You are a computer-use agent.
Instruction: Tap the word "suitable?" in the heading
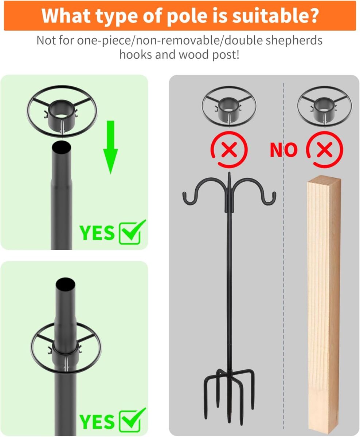(x=275, y=16)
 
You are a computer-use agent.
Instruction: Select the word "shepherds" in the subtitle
(x=294, y=41)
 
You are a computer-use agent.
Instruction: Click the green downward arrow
(x=111, y=147)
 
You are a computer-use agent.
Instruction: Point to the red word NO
(x=283, y=150)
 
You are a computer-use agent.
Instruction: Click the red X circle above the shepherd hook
(x=229, y=149)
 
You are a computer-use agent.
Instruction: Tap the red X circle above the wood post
(x=325, y=149)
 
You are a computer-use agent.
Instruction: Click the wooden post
(x=324, y=304)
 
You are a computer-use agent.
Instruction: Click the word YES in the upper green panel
(x=97, y=233)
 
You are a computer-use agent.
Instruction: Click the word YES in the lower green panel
(x=97, y=421)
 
